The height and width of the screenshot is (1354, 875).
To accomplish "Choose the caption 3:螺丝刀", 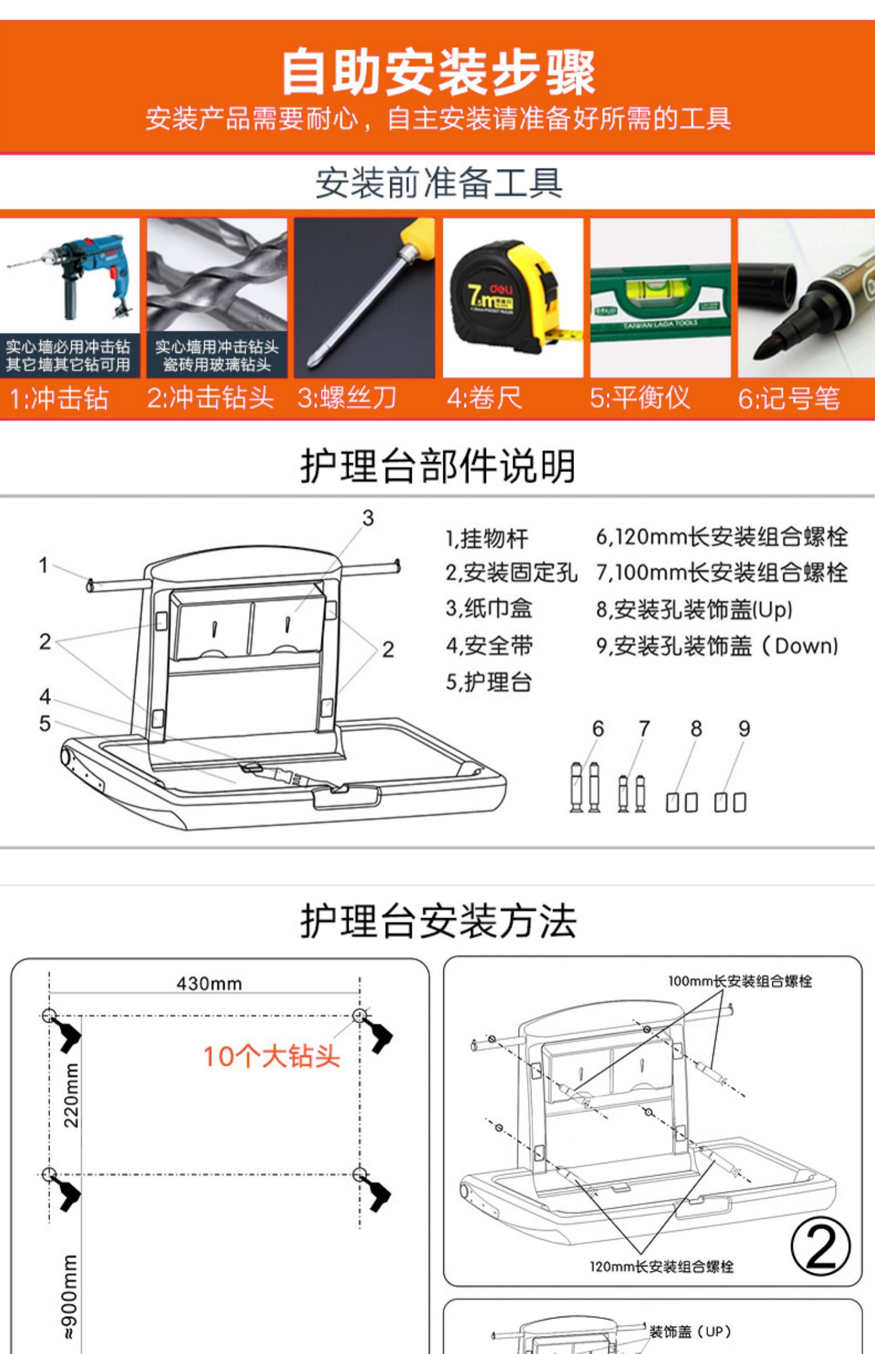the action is click(347, 398).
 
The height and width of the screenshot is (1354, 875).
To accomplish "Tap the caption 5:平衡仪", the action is click(640, 398).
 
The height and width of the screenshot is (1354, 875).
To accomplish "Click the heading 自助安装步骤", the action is click(438, 73).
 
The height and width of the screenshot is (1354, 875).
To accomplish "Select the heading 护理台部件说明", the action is click(438, 466).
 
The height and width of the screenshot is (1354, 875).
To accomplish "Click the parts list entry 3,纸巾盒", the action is click(489, 609).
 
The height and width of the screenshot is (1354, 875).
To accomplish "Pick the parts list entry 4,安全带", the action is click(489, 646).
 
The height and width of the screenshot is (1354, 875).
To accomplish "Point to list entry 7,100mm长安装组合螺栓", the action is click(722, 573).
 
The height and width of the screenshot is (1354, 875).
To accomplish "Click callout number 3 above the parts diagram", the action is click(367, 518).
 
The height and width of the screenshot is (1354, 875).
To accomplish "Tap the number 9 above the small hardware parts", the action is click(744, 728).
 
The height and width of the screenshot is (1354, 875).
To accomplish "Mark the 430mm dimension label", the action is click(209, 984).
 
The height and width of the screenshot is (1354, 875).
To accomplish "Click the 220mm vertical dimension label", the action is click(71, 1095).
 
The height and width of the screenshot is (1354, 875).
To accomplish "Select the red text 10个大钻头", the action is click(271, 1057).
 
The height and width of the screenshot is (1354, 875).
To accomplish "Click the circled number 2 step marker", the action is click(820, 1246).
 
